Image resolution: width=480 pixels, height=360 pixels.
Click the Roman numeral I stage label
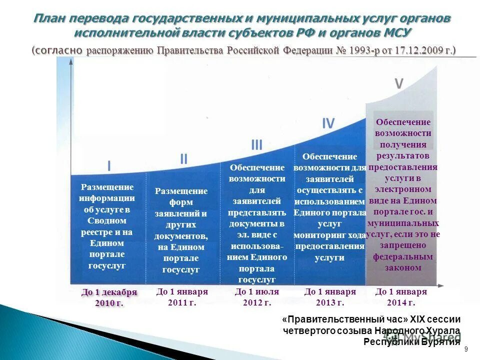point(109,165)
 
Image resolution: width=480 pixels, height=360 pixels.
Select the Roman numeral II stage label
point(183,159)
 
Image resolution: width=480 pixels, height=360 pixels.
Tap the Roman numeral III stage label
point(256,145)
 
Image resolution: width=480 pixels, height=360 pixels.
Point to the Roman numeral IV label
point(328,123)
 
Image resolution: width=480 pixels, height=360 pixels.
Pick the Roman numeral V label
point(398,84)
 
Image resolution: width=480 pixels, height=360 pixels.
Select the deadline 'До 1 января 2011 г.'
point(182,297)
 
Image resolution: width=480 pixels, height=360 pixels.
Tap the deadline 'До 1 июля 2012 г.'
point(256,297)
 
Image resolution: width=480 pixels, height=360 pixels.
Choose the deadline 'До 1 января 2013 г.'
point(330,297)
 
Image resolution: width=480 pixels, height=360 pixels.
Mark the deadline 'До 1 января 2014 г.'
point(401,297)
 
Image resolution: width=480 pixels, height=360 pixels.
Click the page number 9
point(466,349)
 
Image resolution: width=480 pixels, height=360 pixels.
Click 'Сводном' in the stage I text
point(107,220)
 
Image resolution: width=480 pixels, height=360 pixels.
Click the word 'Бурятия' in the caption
point(440,341)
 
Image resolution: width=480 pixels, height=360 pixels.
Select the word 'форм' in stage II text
point(181,202)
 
